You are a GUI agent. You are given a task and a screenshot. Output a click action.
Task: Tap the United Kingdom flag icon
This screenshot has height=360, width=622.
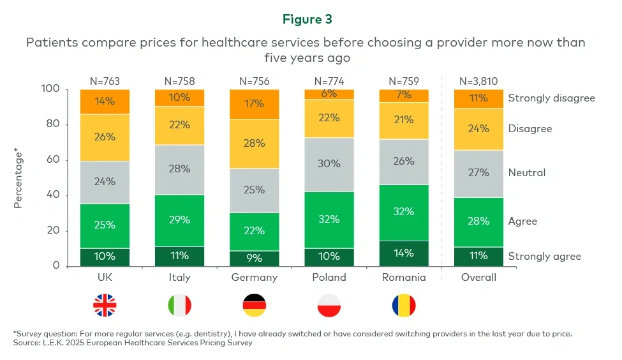pyautogui.click(x=105, y=306)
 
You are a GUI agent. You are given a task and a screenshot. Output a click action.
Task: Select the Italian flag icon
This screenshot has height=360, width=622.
pyautogui.click(x=179, y=306)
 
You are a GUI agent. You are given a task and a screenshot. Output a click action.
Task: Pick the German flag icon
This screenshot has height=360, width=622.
pyautogui.click(x=254, y=306)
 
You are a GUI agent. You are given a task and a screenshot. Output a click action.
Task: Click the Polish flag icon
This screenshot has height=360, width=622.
pyautogui.click(x=329, y=306)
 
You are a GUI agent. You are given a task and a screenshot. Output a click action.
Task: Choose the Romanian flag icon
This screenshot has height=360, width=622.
pyautogui.click(x=404, y=306)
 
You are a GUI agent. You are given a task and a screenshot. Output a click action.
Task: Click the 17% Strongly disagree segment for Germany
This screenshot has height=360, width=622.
pyautogui.click(x=254, y=103)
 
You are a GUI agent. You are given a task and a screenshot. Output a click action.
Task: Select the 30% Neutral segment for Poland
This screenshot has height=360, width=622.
pyautogui.click(x=329, y=164)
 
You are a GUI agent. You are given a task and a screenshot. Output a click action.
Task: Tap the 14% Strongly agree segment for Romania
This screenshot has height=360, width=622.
pyautogui.click(x=404, y=253)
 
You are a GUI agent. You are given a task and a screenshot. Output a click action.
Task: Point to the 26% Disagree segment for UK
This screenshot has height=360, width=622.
pyautogui.click(x=105, y=137)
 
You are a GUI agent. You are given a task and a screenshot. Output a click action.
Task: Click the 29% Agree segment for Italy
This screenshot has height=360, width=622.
pyautogui.click(x=179, y=220)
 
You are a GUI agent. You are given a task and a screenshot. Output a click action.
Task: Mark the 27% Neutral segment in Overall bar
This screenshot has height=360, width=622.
pyautogui.click(x=478, y=173)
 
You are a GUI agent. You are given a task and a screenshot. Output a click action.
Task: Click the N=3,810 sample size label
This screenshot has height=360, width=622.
pyautogui.click(x=478, y=81)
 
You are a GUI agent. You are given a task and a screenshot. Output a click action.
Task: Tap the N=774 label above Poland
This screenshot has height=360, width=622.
pyautogui.click(x=329, y=81)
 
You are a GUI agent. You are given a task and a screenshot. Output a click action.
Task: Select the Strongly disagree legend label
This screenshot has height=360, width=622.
pyautogui.click(x=551, y=98)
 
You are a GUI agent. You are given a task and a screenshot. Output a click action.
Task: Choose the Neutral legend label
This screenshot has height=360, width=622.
pyautogui.click(x=528, y=173)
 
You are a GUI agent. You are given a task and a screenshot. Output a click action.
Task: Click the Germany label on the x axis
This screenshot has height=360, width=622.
pyautogui.click(x=254, y=278)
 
